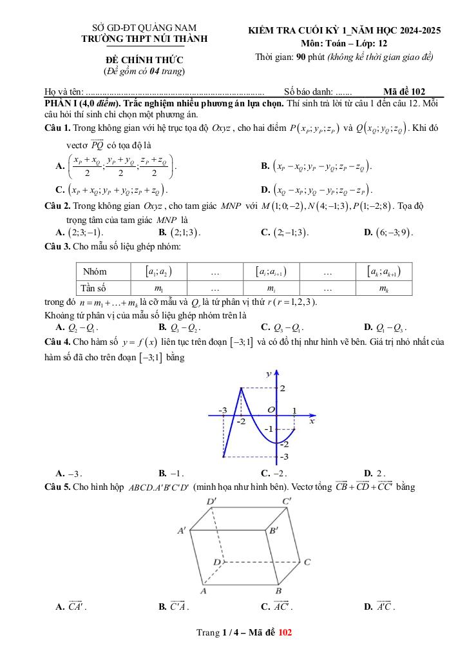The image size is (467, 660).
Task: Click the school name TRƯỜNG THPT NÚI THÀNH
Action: (144, 39)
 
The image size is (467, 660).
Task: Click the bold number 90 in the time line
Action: (301, 57)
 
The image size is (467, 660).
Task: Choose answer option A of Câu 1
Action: (116, 166)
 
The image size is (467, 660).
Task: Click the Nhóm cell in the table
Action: (95, 271)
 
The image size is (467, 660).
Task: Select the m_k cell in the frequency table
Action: (384, 287)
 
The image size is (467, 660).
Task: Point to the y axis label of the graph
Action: (269, 374)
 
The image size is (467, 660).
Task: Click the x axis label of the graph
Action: (312, 422)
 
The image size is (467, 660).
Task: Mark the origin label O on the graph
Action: (271, 410)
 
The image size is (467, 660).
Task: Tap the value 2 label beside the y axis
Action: (281, 388)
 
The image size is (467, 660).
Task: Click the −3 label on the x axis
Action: (222, 410)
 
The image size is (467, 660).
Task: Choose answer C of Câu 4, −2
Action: (278, 472)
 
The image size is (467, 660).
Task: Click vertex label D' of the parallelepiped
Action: (211, 501)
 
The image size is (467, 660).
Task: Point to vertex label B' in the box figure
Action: (273, 530)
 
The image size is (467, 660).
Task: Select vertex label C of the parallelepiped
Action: (307, 562)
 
